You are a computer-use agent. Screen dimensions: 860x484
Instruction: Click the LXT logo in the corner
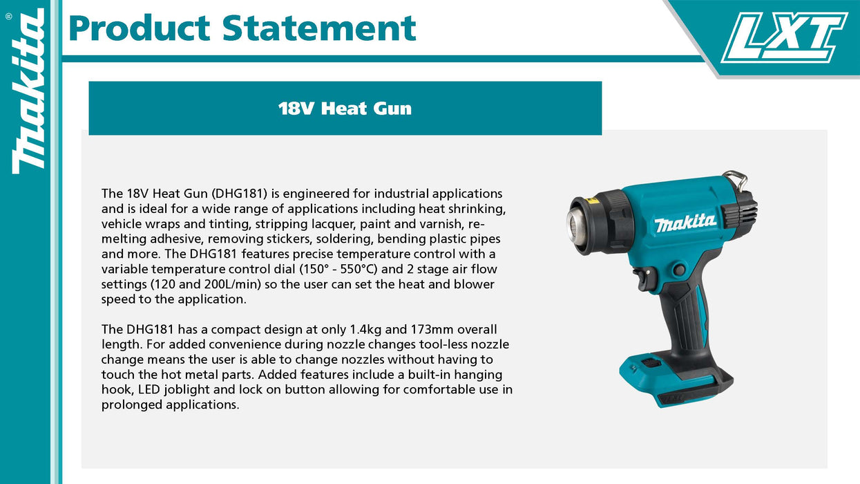point(785,37)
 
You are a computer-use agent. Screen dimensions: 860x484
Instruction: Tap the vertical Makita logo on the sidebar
point(28,91)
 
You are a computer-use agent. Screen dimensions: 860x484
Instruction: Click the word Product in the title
point(139,28)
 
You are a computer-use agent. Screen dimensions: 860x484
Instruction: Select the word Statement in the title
point(319,28)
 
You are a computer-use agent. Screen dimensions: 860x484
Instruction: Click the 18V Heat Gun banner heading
point(345,109)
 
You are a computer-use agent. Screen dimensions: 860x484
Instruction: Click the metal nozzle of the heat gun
point(576,227)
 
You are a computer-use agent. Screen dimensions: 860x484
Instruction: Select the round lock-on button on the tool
point(679,269)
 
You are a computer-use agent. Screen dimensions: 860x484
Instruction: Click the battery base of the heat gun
point(676,380)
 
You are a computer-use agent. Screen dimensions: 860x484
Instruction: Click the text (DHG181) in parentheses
point(239,194)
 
